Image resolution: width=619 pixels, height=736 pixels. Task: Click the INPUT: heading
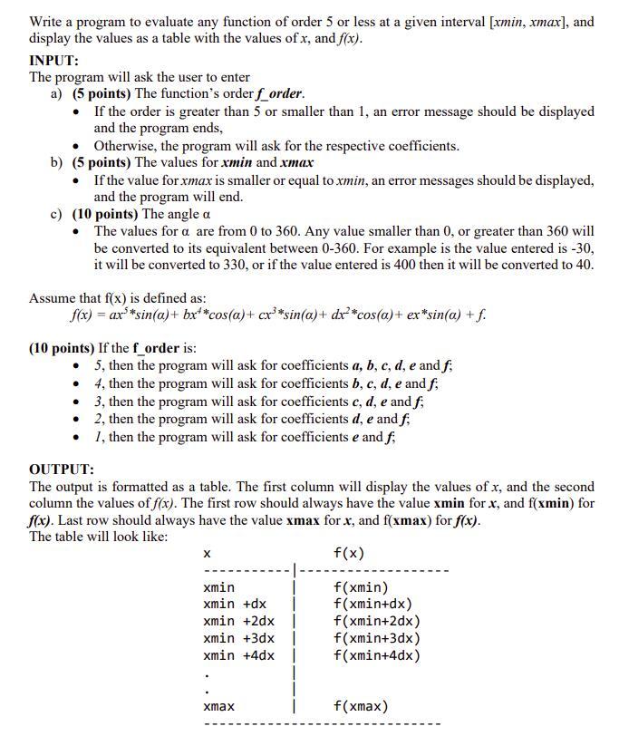pyautogui.click(x=54, y=60)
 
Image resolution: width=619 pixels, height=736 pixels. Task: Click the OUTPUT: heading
pyautogui.click(x=62, y=470)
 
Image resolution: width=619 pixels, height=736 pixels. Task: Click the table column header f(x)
pyautogui.click(x=349, y=553)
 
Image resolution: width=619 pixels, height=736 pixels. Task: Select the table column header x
pyautogui.click(x=207, y=553)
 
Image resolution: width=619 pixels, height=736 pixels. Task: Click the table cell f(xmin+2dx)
pyautogui.click(x=376, y=621)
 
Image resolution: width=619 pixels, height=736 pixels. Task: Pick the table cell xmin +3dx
pyautogui.click(x=238, y=638)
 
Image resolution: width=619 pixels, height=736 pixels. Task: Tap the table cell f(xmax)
pyautogui.click(x=360, y=706)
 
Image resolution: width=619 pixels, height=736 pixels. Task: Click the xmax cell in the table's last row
pyautogui.click(x=218, y=706)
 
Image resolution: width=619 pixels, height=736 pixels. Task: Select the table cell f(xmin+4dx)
pyautogui.click(x=376, y=655)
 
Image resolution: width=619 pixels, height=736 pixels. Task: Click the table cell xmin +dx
pyautogui.click(x=235, y=604)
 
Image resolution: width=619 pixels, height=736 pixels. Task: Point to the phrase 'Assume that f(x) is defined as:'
pyautogui.click(x=117, y=298)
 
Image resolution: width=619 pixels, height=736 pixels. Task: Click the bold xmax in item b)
pyautogui.click(x=297, y=162)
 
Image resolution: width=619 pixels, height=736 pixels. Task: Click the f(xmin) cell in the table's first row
pyautogui.click(x=360, y=587)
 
